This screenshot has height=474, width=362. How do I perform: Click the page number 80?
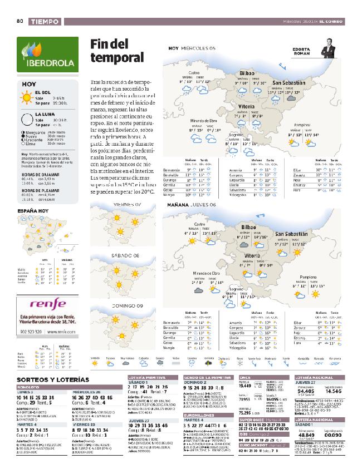(x=19, y=21)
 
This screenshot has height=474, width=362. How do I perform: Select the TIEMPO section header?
(x=44, y=21)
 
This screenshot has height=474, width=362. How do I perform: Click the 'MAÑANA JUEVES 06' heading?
(x=192, y=205)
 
